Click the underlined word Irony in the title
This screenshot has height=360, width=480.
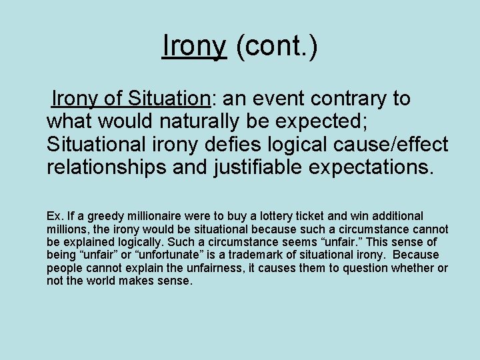click(x=194, y=46)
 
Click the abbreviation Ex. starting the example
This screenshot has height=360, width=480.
click(x=55, y=216)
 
